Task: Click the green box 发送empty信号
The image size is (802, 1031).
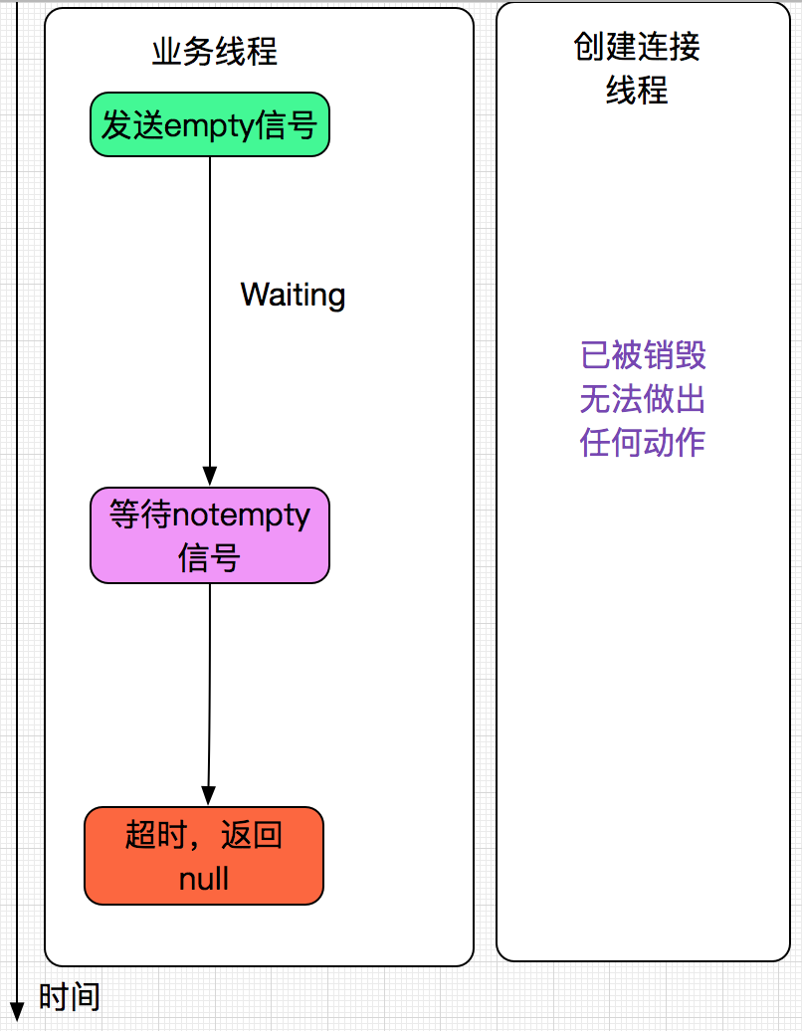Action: coord(209,125)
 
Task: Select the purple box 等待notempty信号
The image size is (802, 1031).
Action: coord(209,535)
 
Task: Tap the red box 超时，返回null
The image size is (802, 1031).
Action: coord(204,856)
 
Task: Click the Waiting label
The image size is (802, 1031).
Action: coord(293,295)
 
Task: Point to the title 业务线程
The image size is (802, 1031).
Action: coord(214,52)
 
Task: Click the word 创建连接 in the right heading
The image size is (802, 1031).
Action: coord(637,47)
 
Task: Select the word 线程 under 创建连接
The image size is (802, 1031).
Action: coord(637,91)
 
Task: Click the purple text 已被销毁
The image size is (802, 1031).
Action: coord(643,355)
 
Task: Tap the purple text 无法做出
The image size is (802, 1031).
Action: coord(643,399)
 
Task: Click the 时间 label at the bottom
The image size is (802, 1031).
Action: coord(69,996)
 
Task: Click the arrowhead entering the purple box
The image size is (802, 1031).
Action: coord(209,478)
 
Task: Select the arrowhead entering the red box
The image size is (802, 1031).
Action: coord(207,797)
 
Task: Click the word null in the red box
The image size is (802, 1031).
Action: coord(204,879)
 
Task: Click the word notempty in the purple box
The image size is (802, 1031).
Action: coord(241,515)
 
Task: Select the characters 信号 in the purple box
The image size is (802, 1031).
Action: coord(209,558)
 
